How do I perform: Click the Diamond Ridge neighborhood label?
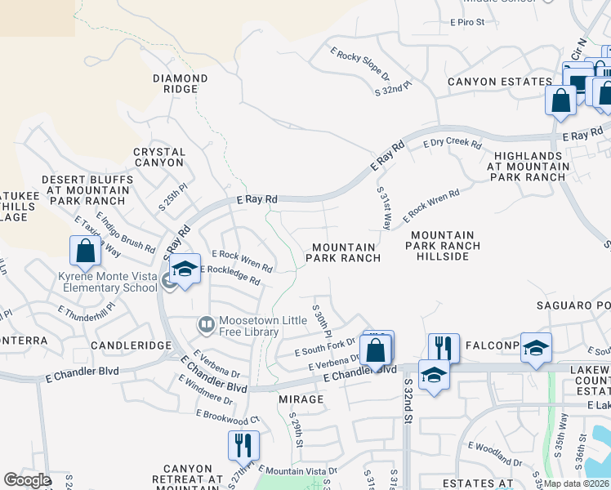coord(180,83)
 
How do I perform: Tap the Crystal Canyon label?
coord(159,157)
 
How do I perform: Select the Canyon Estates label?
coord(499,82)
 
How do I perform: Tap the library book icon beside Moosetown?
coord(206,326)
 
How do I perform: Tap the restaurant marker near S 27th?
coord(243,445)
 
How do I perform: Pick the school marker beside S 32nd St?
coord(434,375)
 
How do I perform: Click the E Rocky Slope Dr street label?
coord(359,63)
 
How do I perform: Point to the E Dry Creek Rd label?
coord(452,143)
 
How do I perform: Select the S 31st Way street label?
coord(384,207)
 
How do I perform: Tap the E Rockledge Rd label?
coord(230,274)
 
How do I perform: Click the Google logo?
coord(27,480)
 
